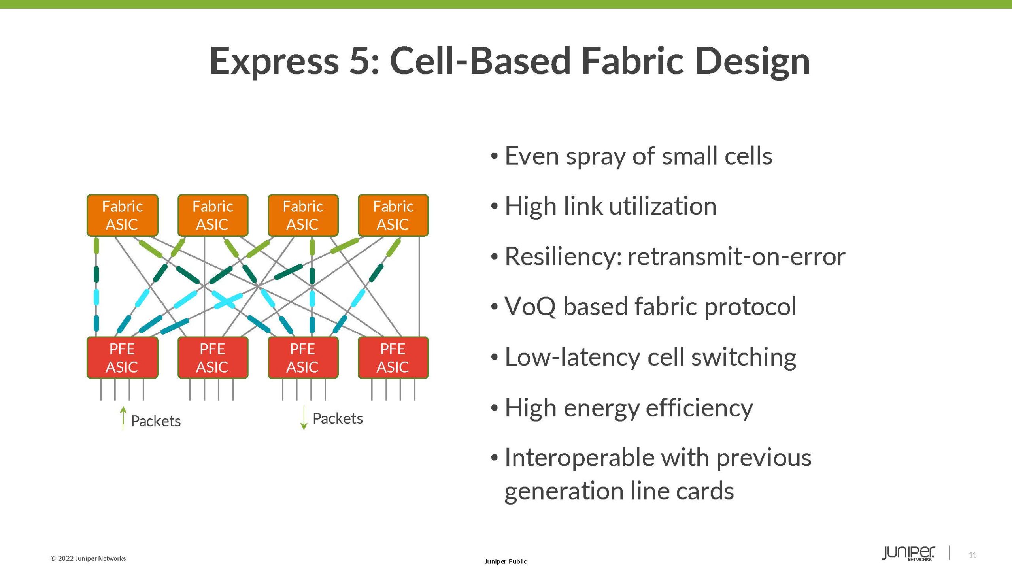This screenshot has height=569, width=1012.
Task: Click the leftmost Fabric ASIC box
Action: pyautogui.click(x=122, y=215)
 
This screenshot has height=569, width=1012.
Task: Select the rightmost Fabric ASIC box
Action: pyautogui.click(x=393, y=215)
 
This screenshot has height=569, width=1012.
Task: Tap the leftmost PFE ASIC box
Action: pyautogui.click(x=122, y=358)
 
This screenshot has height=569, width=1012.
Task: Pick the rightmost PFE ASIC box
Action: pyautogui.click(x=393, y=358)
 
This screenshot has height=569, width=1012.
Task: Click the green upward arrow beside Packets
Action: pyautogui.click(x=123, y=418)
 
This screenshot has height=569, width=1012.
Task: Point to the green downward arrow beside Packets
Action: pyautogui.click(x=304, y=418)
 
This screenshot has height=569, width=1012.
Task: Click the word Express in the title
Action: pyautogui.click(x=274, y=61)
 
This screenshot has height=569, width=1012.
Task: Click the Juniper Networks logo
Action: pyautogui.click(x=908, y=553)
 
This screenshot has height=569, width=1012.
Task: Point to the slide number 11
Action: pyautogui.click(x=973, y=555)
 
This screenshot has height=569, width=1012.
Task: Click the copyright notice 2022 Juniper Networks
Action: pyautogui.click(x=88, y=558)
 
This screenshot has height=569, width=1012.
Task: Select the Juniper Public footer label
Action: pyautogui.click(x=506, y=561)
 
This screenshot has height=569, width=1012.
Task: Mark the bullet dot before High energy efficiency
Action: pyautogui.click(x=494, y=408)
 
